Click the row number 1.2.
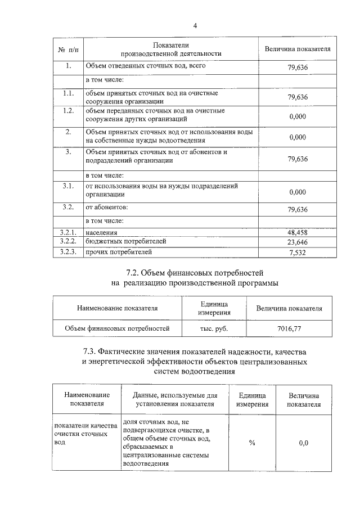(x=68, y=110)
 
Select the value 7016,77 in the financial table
(x=289, y=327)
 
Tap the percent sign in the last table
(x=252, y=443)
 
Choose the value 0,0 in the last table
(x=303, y=443)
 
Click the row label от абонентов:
(x=106, y=208)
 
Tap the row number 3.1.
(x=68, y=185)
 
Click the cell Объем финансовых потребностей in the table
(x=117, y=327)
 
